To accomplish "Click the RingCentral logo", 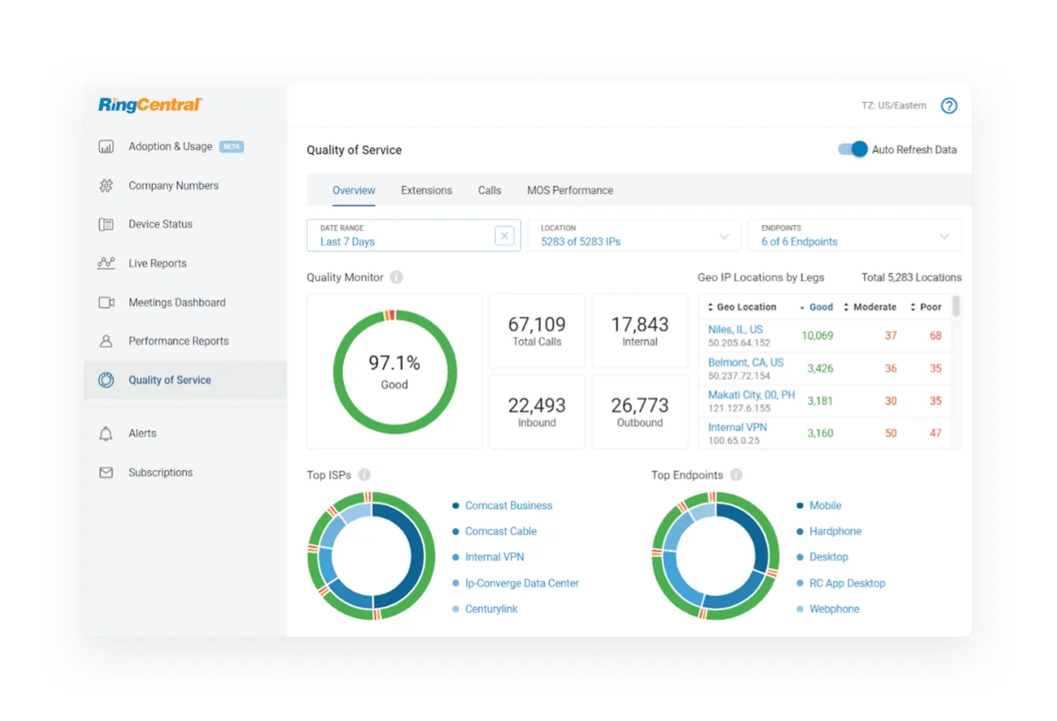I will (x=150, y=105).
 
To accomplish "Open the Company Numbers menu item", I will (x=173, y=186).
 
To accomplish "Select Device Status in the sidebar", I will (x=160, y=224).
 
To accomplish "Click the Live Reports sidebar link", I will (x=158, y=264).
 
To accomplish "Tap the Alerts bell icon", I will (x=106, y=434).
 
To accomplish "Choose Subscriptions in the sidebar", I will (x=160, y=472).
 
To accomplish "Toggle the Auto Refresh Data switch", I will (x=852, y=150).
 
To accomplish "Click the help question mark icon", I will (x=949, y=105).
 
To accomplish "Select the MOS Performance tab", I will (x=569, y=190).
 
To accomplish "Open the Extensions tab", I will (x=426, y=190).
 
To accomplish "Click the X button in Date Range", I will (x=505, y=235).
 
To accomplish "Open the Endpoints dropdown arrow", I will (x=944, y=236).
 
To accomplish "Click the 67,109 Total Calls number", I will (x=536, y=324).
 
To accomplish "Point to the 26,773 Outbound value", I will (x=640, y=405).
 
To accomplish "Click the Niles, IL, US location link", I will (x=735, y=330).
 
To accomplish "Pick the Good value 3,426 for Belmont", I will (x=820, y=368).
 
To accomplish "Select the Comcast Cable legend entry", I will (x=500, y=531).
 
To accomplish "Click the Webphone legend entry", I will (x=834, y=609).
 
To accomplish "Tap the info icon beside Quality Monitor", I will (x=396, y=277).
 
